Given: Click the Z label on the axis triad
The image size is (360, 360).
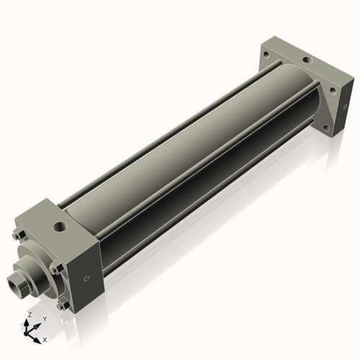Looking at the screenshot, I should [28, 315].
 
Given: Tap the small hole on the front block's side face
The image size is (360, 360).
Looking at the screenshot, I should [87, 279].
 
